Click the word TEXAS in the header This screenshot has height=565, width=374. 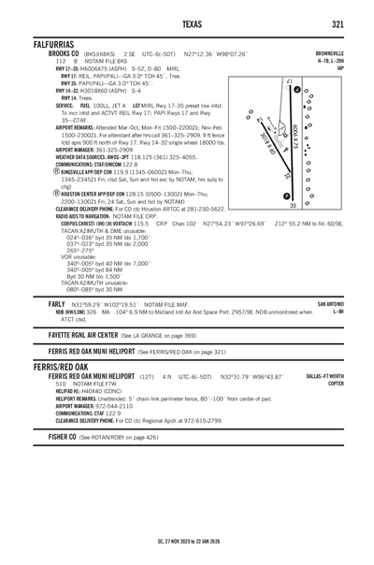pos(192,23)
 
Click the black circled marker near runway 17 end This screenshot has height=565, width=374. pos(298,91)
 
